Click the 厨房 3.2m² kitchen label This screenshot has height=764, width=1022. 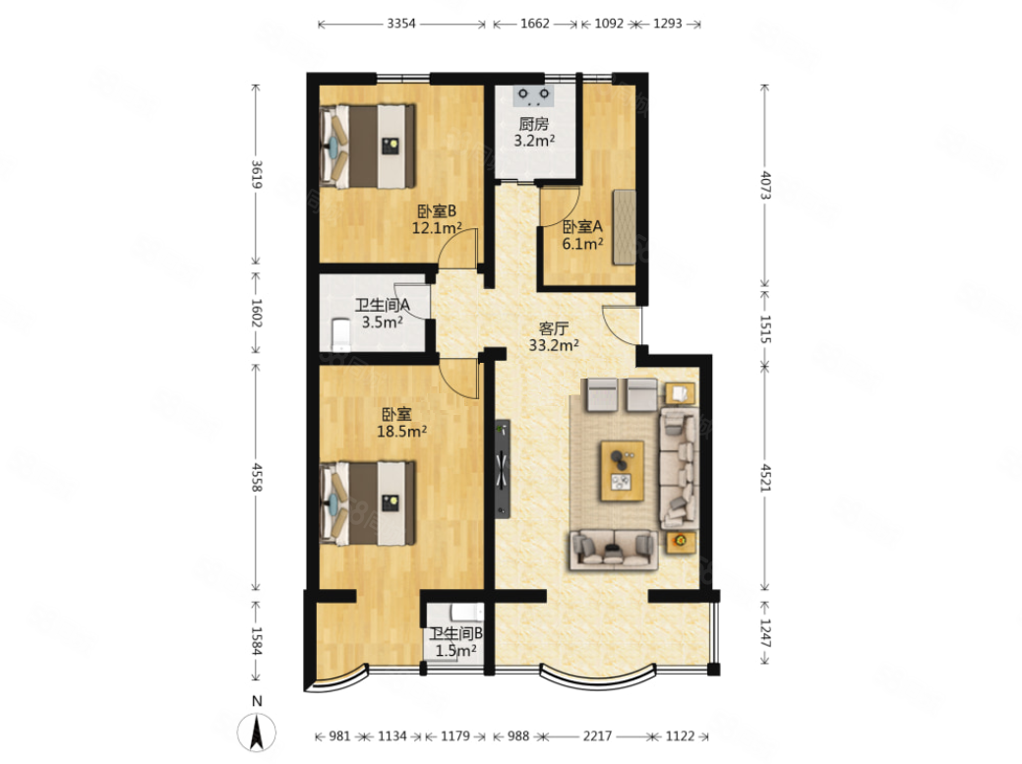click(x=534, y=132)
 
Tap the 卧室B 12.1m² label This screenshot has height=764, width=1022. click(x=437, y=219)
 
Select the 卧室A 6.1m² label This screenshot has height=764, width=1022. click(x=582, y=235)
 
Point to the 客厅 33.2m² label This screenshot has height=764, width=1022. click(x=554, y=336)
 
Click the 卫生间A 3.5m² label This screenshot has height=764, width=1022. click(x=382, y=313)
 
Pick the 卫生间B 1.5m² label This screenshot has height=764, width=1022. click(x=455, y=641)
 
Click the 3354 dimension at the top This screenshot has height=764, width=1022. click(x=401, y=24)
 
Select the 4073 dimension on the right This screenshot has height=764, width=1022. click(x=766, y=186)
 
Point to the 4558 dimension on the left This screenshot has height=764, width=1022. click(x=257, y=478)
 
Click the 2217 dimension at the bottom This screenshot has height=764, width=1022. click(x=597, y=736)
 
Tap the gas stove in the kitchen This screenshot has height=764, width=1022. click(x=534, y=95)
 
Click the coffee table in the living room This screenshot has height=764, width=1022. click(x=623, y=471)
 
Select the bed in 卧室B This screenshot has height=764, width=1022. click(x=368, y=146)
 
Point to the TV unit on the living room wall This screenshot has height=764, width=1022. click(x=502, y=469)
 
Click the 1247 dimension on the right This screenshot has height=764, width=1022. click(x=766, y=633)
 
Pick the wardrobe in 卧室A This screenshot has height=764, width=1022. click(x=624, y=227)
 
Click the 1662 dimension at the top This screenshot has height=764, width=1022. click(x=534, y=24)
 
